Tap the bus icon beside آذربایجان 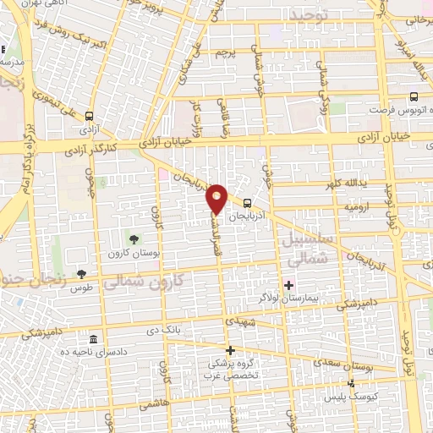click(247, 203)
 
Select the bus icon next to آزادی click(90, 118)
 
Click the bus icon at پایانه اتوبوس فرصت click(414, 97)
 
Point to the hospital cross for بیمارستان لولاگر click(288, 284)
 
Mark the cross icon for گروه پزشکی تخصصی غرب click(229, 350)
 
